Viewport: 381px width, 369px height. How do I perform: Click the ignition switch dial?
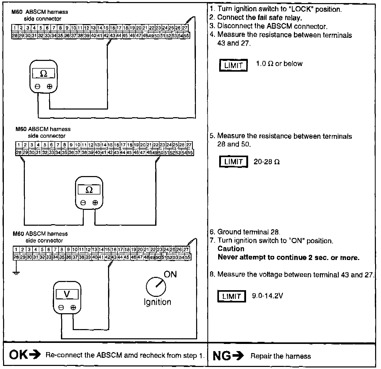pos(156,287)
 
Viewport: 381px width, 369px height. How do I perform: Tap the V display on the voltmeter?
pos(67,294)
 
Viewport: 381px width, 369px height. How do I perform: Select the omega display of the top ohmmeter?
pos(44,74)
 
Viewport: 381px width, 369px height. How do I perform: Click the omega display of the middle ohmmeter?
pos(89,190)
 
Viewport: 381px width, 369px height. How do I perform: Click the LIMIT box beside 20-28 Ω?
pos(233,162)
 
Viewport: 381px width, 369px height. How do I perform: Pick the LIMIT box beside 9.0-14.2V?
pos(231,296)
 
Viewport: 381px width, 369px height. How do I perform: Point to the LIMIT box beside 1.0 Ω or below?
pos(233,65)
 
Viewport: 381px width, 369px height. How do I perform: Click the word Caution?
pos(231,249)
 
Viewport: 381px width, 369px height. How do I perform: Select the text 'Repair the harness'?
pos(281,356)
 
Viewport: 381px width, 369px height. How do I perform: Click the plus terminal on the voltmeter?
pos(73,308)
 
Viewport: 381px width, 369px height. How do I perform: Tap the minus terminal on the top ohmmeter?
pos(38,87)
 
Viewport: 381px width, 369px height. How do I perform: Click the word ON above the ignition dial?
pos(170,274)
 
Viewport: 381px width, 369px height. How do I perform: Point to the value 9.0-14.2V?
pos(267,296)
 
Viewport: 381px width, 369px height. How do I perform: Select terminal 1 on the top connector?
pos(15,28)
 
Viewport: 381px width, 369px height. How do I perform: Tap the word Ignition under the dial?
pos(157,302)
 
